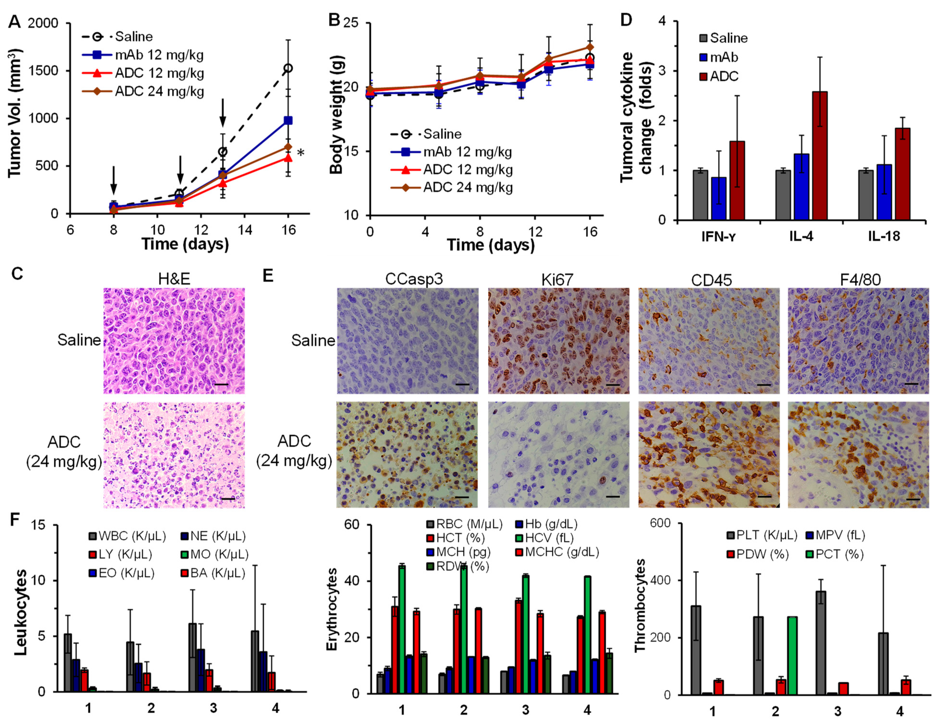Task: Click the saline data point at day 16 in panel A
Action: [x=288, y=68]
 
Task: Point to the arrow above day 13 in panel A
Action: [x=222, y=113]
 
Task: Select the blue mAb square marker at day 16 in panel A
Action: [x=288, y=120]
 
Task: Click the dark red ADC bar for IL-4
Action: [x=820, y=155]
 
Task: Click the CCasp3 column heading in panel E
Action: [x=414, y=279]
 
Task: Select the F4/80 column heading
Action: [x=860, y=279]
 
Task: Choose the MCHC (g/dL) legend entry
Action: [x=562, y=552]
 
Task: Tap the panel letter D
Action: [x=626, y=21]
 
